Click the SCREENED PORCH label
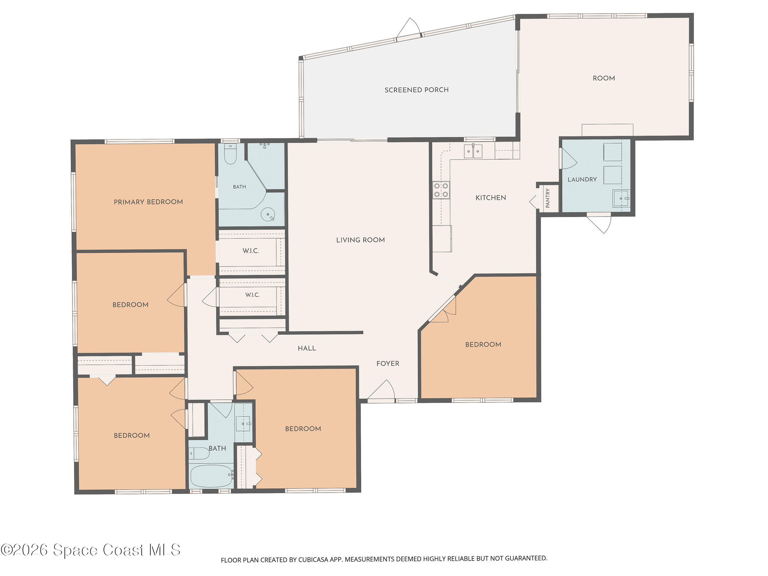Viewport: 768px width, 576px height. click(417, 90)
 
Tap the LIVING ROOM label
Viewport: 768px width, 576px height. click(360, 240)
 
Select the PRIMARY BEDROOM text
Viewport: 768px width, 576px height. click(148, 202)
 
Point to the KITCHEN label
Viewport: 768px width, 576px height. click(491, 198)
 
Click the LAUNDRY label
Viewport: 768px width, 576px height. click(582, 179)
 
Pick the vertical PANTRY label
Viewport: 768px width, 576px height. click(548, 198)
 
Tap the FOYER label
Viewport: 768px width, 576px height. click(388, 363)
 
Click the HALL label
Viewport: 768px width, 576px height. click(307, 348)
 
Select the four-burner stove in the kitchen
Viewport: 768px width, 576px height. click(441, 190)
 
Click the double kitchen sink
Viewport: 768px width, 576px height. click(473, 151)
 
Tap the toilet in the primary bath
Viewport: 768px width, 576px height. click(230, 154)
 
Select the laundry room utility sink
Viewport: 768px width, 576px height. click(621, 198)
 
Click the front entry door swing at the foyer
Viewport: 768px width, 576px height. click(382, 390)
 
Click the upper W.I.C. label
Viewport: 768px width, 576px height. click(251, 251)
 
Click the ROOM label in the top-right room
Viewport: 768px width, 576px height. click(604, 78)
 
